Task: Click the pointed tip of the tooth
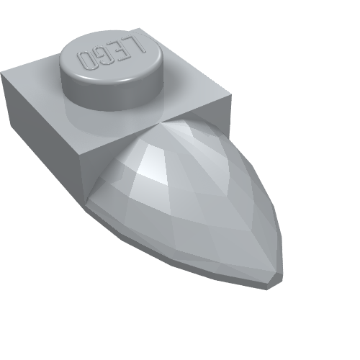[x=276, y=277]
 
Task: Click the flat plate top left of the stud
[x=36, y=79]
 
